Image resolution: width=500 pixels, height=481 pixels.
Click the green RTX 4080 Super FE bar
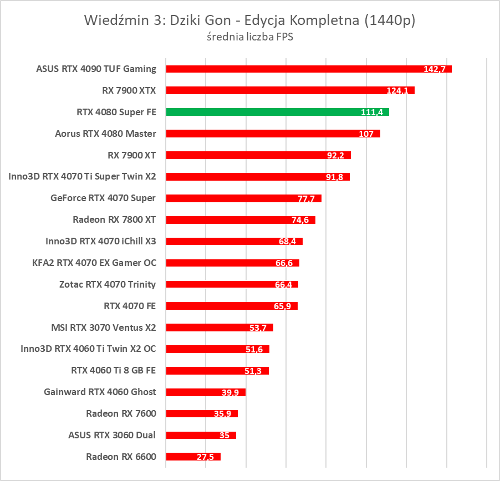click(277, 112)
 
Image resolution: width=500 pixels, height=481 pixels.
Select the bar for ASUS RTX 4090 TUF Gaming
click(309, 69)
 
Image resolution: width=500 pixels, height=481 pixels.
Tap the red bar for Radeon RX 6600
click(193, 457)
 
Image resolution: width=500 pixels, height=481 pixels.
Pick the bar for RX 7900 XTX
click(290, 90)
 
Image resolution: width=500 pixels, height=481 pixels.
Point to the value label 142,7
click(435, 69)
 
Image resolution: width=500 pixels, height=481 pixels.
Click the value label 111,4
click(372, 112)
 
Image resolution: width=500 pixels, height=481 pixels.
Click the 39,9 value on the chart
click(231, 393)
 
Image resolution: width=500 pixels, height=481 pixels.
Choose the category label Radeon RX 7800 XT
click(114, 219)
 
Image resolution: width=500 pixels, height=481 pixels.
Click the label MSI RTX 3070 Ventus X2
click(104, 328)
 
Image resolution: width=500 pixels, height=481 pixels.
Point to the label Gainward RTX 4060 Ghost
click(100, 392)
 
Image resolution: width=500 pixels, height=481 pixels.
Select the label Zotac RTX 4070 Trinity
click(108, 284)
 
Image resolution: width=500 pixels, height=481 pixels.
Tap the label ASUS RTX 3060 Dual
click(111, 435)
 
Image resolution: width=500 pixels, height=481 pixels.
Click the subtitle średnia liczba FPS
click(249, 38)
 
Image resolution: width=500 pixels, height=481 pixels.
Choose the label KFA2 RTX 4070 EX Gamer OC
click(94, 263)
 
